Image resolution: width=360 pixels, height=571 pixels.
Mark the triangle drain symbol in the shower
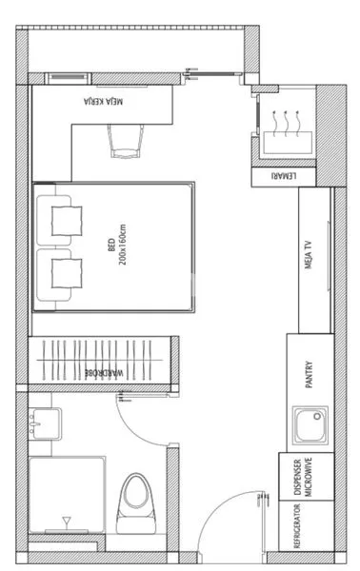66,522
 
